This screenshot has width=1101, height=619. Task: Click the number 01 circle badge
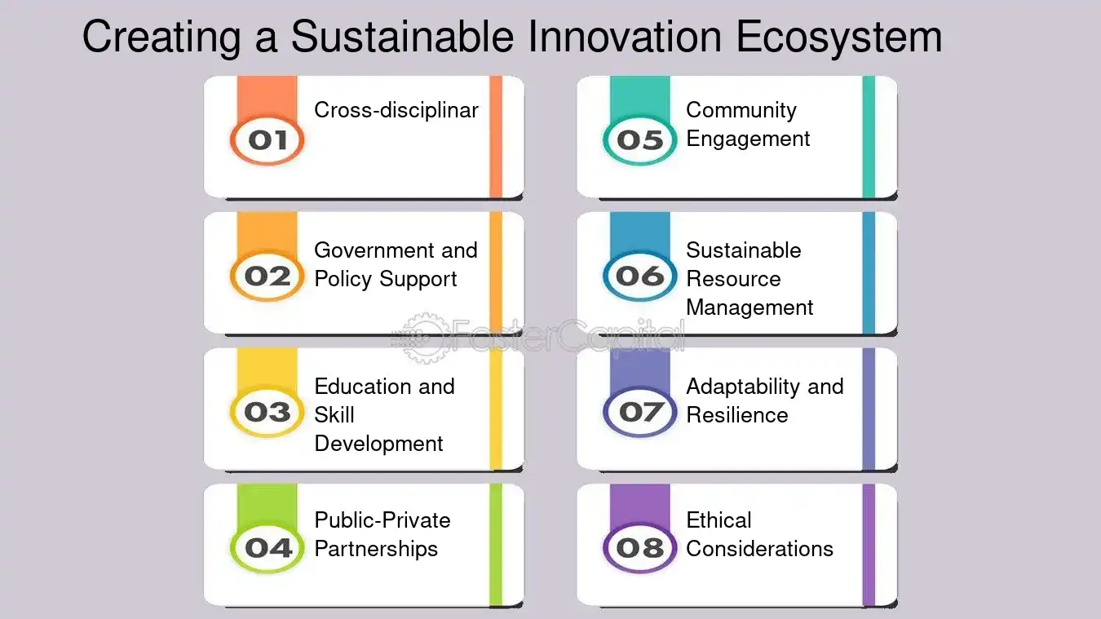coord(267,140)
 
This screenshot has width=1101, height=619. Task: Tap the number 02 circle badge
coord(267,276)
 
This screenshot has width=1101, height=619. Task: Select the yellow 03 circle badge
coord(267,412)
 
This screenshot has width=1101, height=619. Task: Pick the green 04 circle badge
coord(267,548)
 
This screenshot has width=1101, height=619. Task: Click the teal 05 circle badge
coord(640,140)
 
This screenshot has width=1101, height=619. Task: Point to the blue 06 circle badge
coord(640,276)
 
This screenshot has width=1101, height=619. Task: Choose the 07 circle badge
coord(640,412)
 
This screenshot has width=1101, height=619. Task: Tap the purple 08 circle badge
coord(640,548)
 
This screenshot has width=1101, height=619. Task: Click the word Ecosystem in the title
coord(839,38)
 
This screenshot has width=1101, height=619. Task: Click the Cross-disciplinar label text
coord(396,110)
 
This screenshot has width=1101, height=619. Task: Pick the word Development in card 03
coord(378,444)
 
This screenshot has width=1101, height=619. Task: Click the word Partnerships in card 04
coord(376,549)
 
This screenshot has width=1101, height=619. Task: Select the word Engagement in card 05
coord(748,139)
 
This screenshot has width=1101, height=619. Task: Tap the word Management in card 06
coord(749,308)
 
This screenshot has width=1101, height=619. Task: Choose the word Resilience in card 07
coord(736,415)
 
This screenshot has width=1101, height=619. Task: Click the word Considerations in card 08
coord(759,549)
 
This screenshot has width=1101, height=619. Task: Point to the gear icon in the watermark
coord(424,338)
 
